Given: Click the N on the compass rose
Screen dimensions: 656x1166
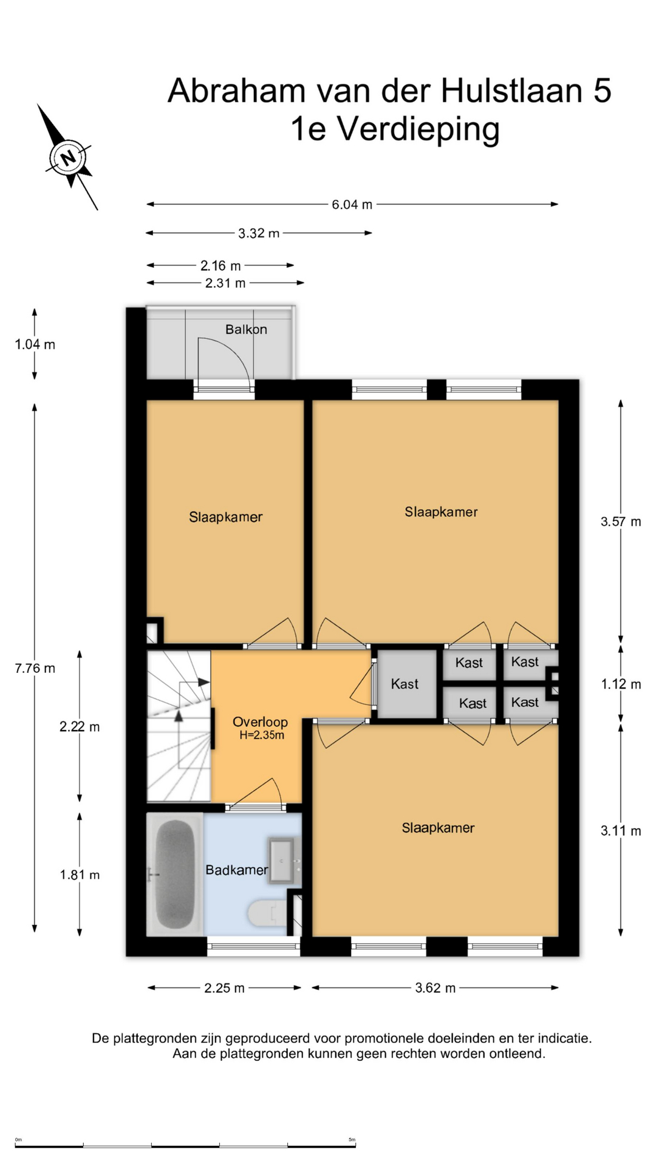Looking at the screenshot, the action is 68,158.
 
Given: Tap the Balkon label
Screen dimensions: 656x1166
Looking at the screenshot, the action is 246,329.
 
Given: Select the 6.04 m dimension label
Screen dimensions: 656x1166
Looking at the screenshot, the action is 352,205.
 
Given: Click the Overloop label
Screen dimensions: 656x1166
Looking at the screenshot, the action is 260,721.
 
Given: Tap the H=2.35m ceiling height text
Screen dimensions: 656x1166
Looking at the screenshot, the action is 262,735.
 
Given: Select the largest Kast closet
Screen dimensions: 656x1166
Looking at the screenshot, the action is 405,684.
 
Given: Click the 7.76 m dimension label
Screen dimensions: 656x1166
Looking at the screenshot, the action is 35,668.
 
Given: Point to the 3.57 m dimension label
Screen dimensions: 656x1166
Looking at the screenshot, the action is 621,521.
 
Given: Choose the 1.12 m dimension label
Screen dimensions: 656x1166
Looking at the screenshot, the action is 621,684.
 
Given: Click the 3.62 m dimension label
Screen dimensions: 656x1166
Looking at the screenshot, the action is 435,988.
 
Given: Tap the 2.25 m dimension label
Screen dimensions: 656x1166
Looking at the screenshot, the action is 224,988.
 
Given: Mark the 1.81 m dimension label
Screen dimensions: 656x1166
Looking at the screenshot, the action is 80,874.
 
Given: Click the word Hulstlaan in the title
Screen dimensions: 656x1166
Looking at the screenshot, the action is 511,90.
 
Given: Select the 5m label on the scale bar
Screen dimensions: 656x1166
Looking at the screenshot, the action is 352,1139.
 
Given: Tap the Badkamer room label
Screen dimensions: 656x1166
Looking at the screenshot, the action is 236,870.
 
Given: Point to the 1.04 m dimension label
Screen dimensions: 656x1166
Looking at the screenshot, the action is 35,344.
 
